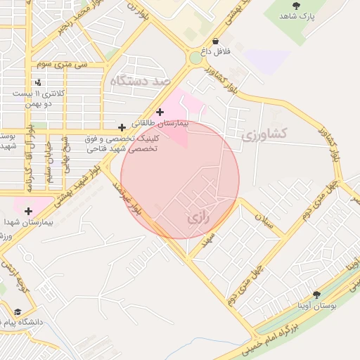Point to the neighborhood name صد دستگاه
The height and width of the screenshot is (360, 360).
[x=141, y=82]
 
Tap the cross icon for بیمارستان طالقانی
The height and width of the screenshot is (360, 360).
[x=160, y=112]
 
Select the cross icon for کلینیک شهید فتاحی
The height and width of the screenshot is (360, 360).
[x=122, y=127]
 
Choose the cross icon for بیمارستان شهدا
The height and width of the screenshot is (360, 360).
[x=29, y=211]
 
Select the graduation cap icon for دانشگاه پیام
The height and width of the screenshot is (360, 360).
[x=17, y=311]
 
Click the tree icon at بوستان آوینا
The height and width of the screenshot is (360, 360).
[x=316, y=295]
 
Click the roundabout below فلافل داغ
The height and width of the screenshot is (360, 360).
[x=195, y=58]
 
